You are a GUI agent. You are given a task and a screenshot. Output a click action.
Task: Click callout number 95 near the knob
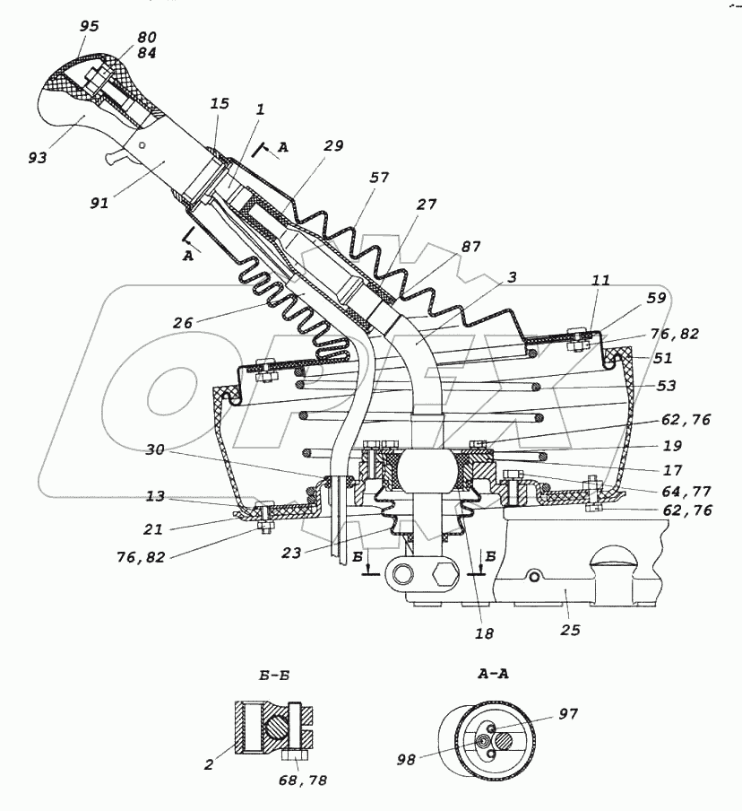pos(89,26)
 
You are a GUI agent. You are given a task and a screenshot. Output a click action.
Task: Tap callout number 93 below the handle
pos(38,157)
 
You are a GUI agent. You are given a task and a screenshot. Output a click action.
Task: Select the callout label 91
pos(99,204)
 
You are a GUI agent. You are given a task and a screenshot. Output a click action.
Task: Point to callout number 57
pos(379,178)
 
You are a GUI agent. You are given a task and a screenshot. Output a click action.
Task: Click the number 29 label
pos(333,146)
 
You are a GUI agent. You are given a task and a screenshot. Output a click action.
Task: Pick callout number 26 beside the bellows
pos(183,323)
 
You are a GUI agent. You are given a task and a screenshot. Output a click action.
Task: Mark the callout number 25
pos(570,630)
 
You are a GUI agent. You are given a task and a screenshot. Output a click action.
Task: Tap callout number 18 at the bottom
pos(484,633)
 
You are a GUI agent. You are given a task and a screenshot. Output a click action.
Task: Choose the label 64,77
pos(687,491)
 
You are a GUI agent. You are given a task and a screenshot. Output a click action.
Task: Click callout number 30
pos(154,450)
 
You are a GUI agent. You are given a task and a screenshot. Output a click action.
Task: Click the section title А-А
pos(493,674)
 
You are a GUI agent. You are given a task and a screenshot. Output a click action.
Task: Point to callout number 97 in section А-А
pos(568,714)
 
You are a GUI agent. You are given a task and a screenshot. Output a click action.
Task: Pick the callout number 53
pos(667,386)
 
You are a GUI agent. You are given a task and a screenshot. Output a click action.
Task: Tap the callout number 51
pos(663,358)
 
